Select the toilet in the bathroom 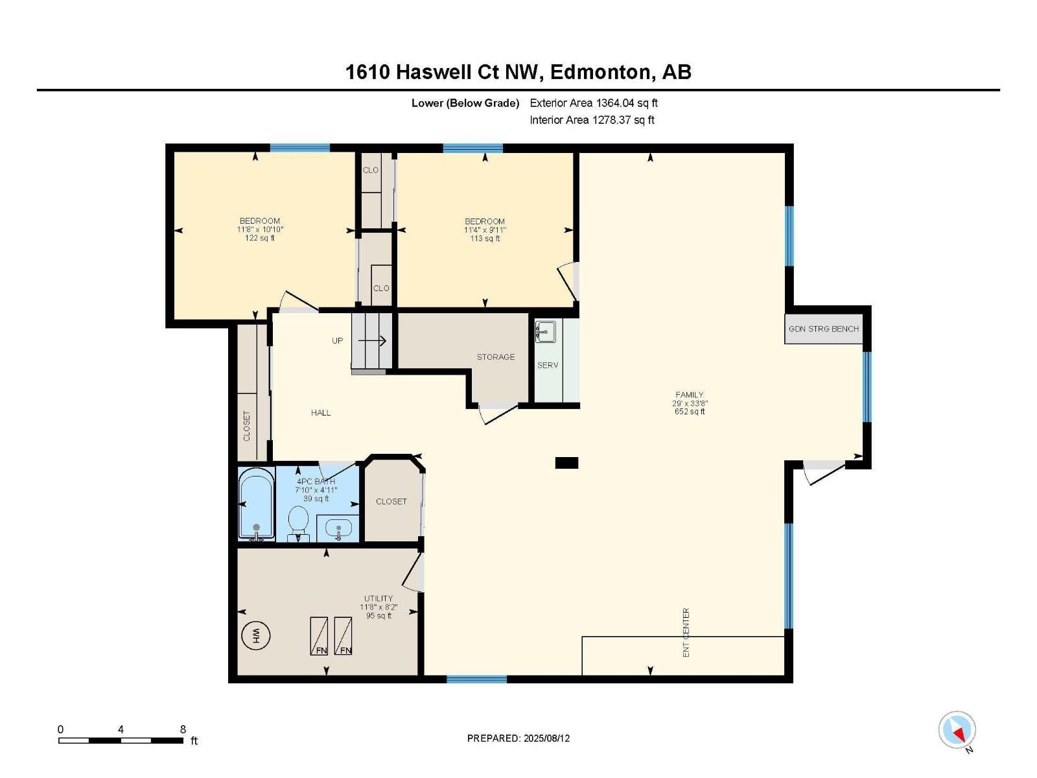click(298, 522)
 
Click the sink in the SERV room click(545, 332)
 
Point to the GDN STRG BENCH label click(823, 329)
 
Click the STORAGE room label click(496, 357)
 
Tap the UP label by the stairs click(338, 341)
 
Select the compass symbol click(957, 730)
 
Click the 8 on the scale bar click(183, 729)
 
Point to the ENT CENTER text click(686, 632)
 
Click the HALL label click(321, 413)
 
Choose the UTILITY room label click(379, 598)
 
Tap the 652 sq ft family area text click(690, 412)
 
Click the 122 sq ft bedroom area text click(260, 238)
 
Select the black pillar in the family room click(566, 463)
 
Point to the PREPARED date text click(518, 738)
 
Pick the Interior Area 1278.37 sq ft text click(592, 120)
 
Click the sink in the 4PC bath click(338, 528)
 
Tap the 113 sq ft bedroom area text click(485, 239)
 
